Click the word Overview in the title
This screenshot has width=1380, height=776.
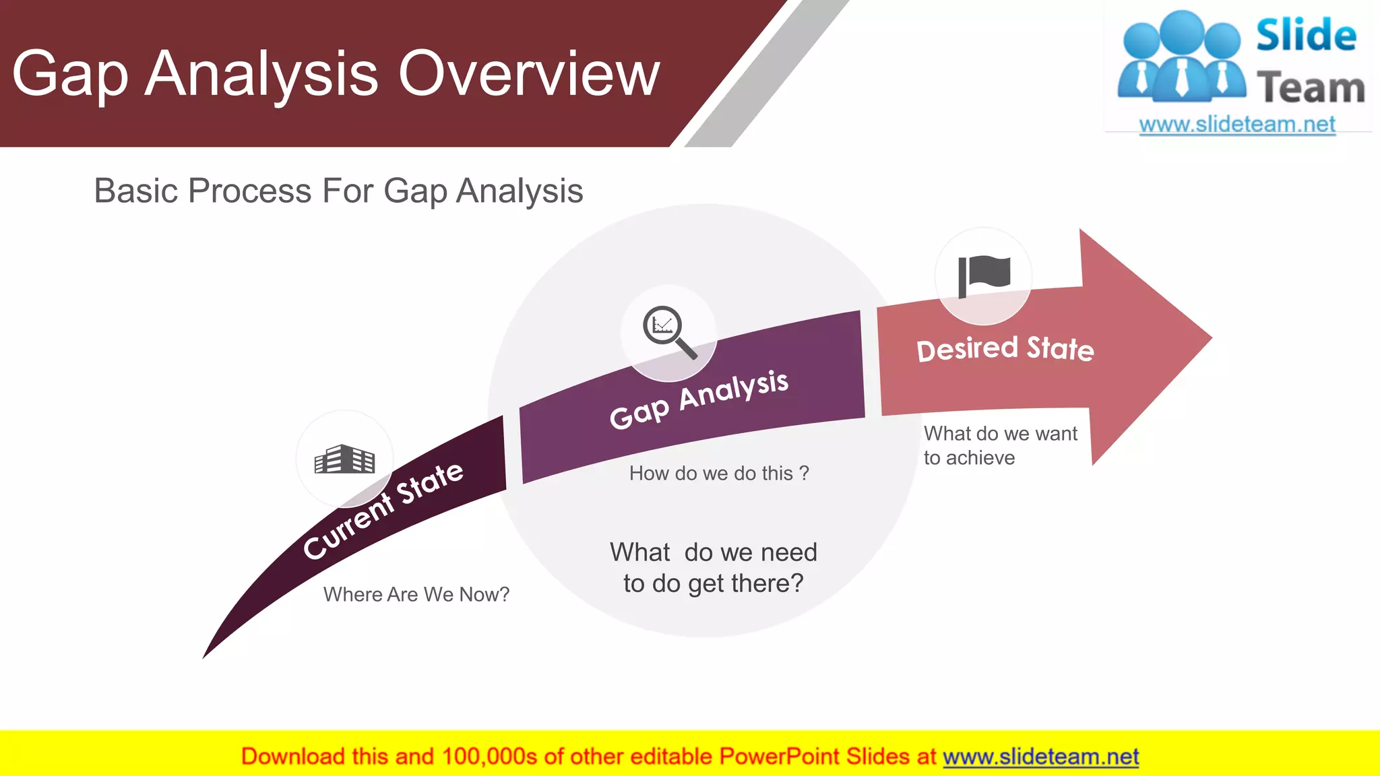pyautogui.click(x=529, y=74)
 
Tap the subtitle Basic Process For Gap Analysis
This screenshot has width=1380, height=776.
pyautogui.click(x=338, y=191)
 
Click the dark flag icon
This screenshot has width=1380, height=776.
pyautogui.click(x=984, y=276)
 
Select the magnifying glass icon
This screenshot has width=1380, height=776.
pyautogui.click(x=668, y=332)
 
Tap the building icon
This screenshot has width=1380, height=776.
pyautogui.click(x=344, y=459)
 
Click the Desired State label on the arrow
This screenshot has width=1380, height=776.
pyautogui.click(x=1005, y=350)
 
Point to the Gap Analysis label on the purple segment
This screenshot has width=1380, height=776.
pyautogui.click(x=699, y=399)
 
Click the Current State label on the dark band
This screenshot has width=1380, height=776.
pyautogui.click(x=383, y=510)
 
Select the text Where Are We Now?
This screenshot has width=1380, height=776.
pyautogui.click(x=416, y=594)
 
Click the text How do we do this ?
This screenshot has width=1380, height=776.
pyautogui.click(x=719, y=474)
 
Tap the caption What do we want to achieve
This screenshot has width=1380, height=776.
pyautogui.click(x=1000, y=445)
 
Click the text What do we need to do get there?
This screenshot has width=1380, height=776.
pyautogui.click(x=714, y=568)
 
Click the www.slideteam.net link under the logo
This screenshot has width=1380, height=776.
pyautogui.click(x=1236, y=125)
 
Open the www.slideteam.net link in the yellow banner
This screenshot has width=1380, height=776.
pyautogui.click(x=1040, y=756)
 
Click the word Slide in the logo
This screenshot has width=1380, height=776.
pyautogui.click(x=1305, y=36)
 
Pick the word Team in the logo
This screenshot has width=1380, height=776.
pyautogui.click(x=1311, y=88)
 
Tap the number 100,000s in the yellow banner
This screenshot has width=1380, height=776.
pyautogui.click(x=489, y=756)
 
